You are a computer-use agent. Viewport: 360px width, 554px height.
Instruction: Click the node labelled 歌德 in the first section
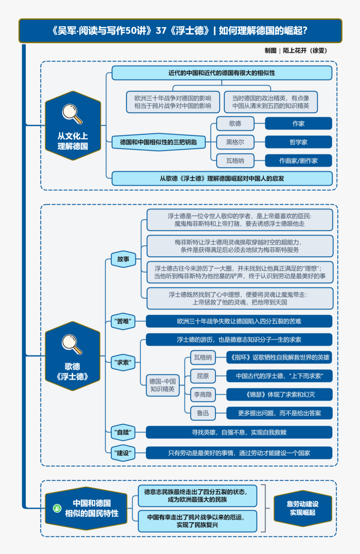[x=235, y=123]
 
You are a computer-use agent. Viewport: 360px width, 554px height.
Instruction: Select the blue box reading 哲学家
[x=298, y=142]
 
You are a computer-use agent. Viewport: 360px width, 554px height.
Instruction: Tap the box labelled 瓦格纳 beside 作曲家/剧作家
[x=235, y=160]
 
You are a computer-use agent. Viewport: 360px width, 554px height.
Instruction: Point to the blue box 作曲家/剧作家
[x=298, y=160]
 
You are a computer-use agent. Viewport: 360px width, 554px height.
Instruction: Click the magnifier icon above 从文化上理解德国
[x=73, y=114]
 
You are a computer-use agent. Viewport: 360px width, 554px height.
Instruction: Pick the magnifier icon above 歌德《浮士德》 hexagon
[x=73, y=342]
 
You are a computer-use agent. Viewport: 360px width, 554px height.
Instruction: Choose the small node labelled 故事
[x=123, y=259]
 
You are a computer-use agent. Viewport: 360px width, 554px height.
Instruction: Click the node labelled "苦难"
[x=123, y=321]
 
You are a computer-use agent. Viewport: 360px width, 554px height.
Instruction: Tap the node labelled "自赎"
[x=123, y=432]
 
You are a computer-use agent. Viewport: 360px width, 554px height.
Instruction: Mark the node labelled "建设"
[x=123, y=453]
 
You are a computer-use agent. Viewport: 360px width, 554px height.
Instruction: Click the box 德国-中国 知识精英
[x=163, y=385]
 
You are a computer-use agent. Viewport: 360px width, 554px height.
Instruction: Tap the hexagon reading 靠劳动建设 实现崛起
[x=303, y=508]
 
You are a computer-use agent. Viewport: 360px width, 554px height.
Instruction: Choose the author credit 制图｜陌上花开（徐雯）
[x=296, y=50]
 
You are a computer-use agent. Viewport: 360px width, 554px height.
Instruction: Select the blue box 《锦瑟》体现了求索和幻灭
[x=280, y=395]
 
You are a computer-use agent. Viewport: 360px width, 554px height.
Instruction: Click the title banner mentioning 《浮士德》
[x=180, y=30]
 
